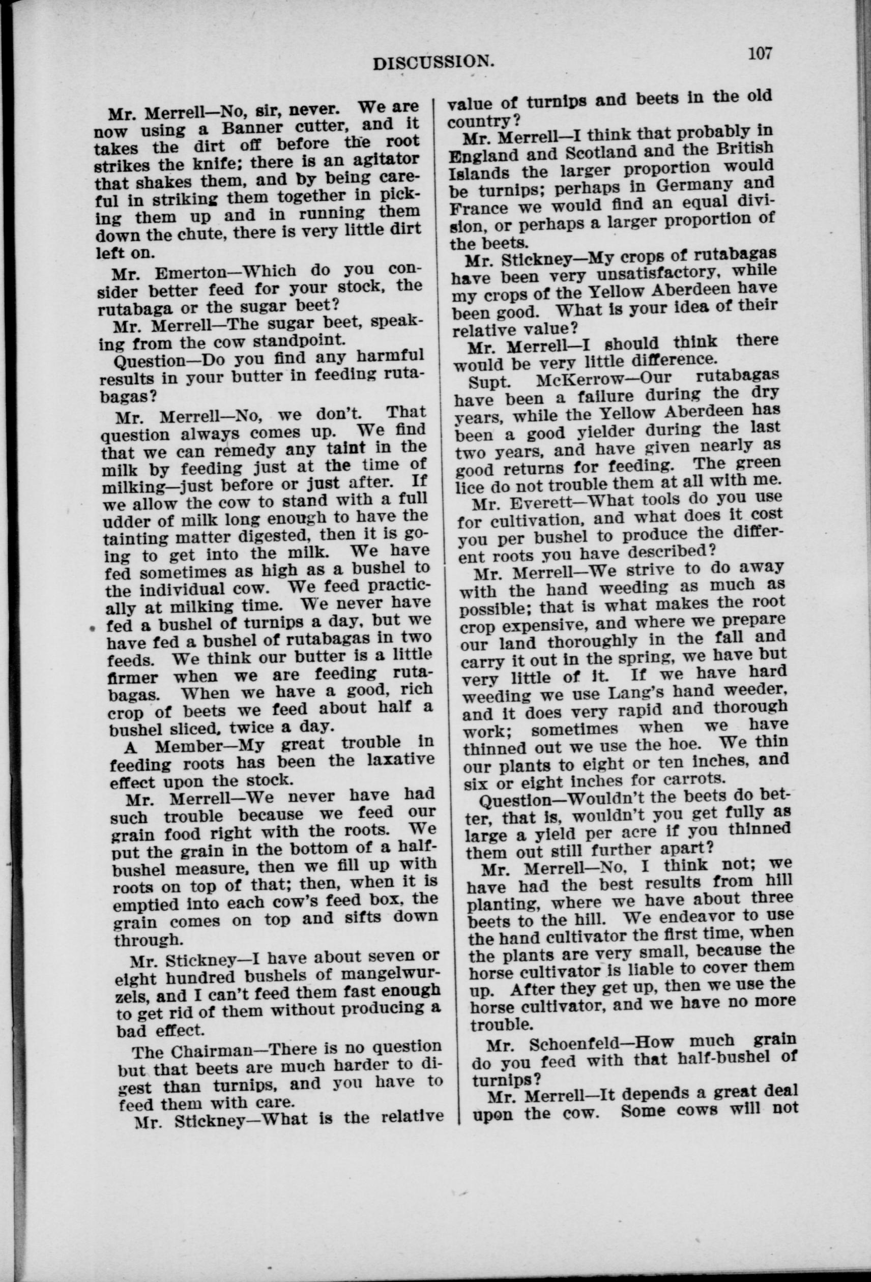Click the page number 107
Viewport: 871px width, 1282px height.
pyautogui.click(x=760, y=54)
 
